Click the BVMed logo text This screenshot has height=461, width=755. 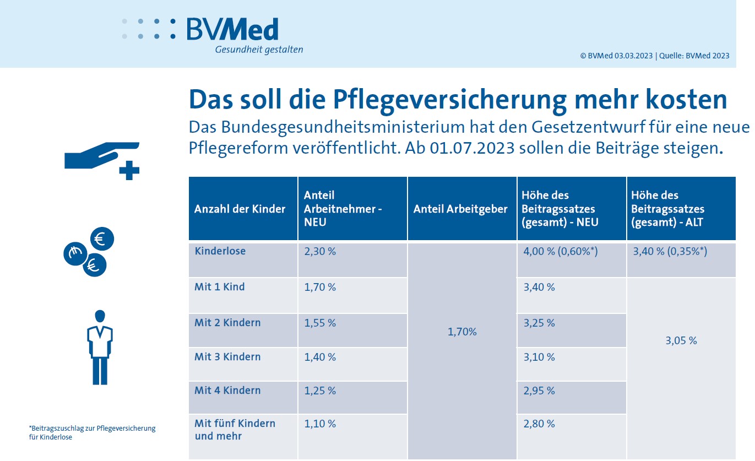point(232,29)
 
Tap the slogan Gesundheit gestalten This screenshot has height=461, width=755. point(259,50)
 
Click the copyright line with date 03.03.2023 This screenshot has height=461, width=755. point(654,56)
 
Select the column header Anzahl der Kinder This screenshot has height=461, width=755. point(240,209)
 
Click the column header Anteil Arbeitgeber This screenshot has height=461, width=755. point(460,209)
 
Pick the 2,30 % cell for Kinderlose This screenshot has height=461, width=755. point(320,252)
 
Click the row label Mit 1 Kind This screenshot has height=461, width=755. point(220,288)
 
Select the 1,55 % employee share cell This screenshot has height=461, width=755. point(320,323)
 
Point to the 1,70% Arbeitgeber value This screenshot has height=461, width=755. point(463,332)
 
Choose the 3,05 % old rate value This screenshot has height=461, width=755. point(681,341)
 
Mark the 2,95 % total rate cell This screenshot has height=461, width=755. point(539,391)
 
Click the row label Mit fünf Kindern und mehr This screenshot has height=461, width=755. point(235,430)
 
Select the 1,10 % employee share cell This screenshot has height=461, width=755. point(320,424)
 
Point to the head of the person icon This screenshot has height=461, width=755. point(100,316)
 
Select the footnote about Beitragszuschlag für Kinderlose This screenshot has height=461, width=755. point(93,433)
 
